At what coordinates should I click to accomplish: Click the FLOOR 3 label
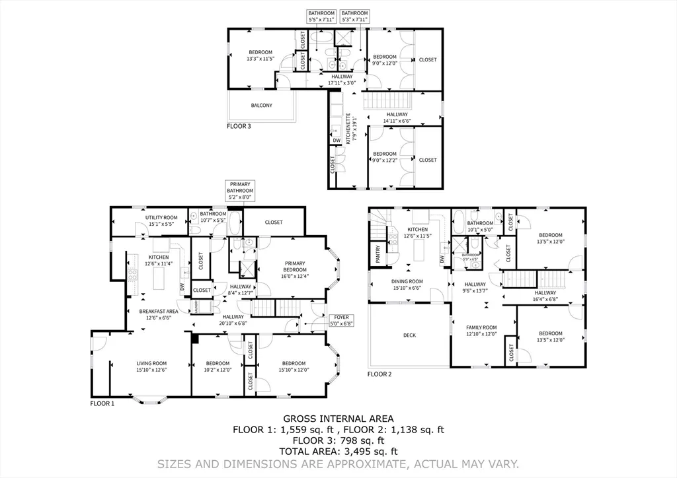tap(239, 125)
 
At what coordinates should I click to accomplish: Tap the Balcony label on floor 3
tap(261, 105)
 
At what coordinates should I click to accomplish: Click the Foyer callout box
tap(342, 321)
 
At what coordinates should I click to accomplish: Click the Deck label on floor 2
tap(410, 335)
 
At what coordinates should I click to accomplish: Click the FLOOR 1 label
tap(102, 403)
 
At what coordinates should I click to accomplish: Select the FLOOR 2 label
tap(379, 374)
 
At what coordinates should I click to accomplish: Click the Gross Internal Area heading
tap(338, 419)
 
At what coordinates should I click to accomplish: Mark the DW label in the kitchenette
tap(337, 141)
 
